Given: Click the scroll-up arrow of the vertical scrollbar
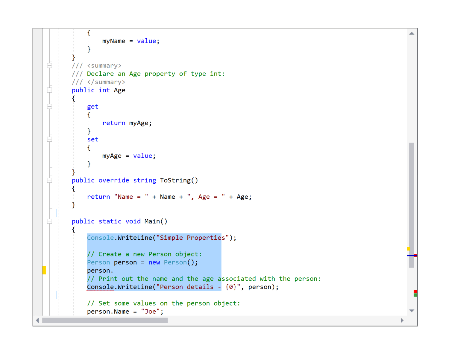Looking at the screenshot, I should point(412,34).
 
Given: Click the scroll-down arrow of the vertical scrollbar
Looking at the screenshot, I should point(412,311).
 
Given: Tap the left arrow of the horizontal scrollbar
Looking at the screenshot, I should point(37,320).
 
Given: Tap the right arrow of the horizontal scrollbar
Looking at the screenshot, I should point(402,320).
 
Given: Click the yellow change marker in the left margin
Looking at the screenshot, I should point(44,270).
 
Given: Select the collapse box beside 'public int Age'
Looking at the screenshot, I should point(50,90).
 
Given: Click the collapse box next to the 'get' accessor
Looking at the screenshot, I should point(50,106).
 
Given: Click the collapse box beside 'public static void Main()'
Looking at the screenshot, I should point(50,221).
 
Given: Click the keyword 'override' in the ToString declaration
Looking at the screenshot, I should point(114,180).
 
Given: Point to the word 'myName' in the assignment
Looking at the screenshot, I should point(114,41).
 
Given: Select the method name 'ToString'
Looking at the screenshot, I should point(175,180).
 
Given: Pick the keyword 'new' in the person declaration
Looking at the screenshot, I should point(154,262).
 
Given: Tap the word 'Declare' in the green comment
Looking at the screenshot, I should point(100,74).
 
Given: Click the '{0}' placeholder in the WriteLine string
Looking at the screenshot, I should point(231,287).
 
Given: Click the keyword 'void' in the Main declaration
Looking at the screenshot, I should point(133,221).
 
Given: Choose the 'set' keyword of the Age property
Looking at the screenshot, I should point(92,139).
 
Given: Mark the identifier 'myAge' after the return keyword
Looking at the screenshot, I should point(139,123).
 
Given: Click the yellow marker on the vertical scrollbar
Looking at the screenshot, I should point(408,249).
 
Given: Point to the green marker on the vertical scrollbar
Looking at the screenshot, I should point(415,295).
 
